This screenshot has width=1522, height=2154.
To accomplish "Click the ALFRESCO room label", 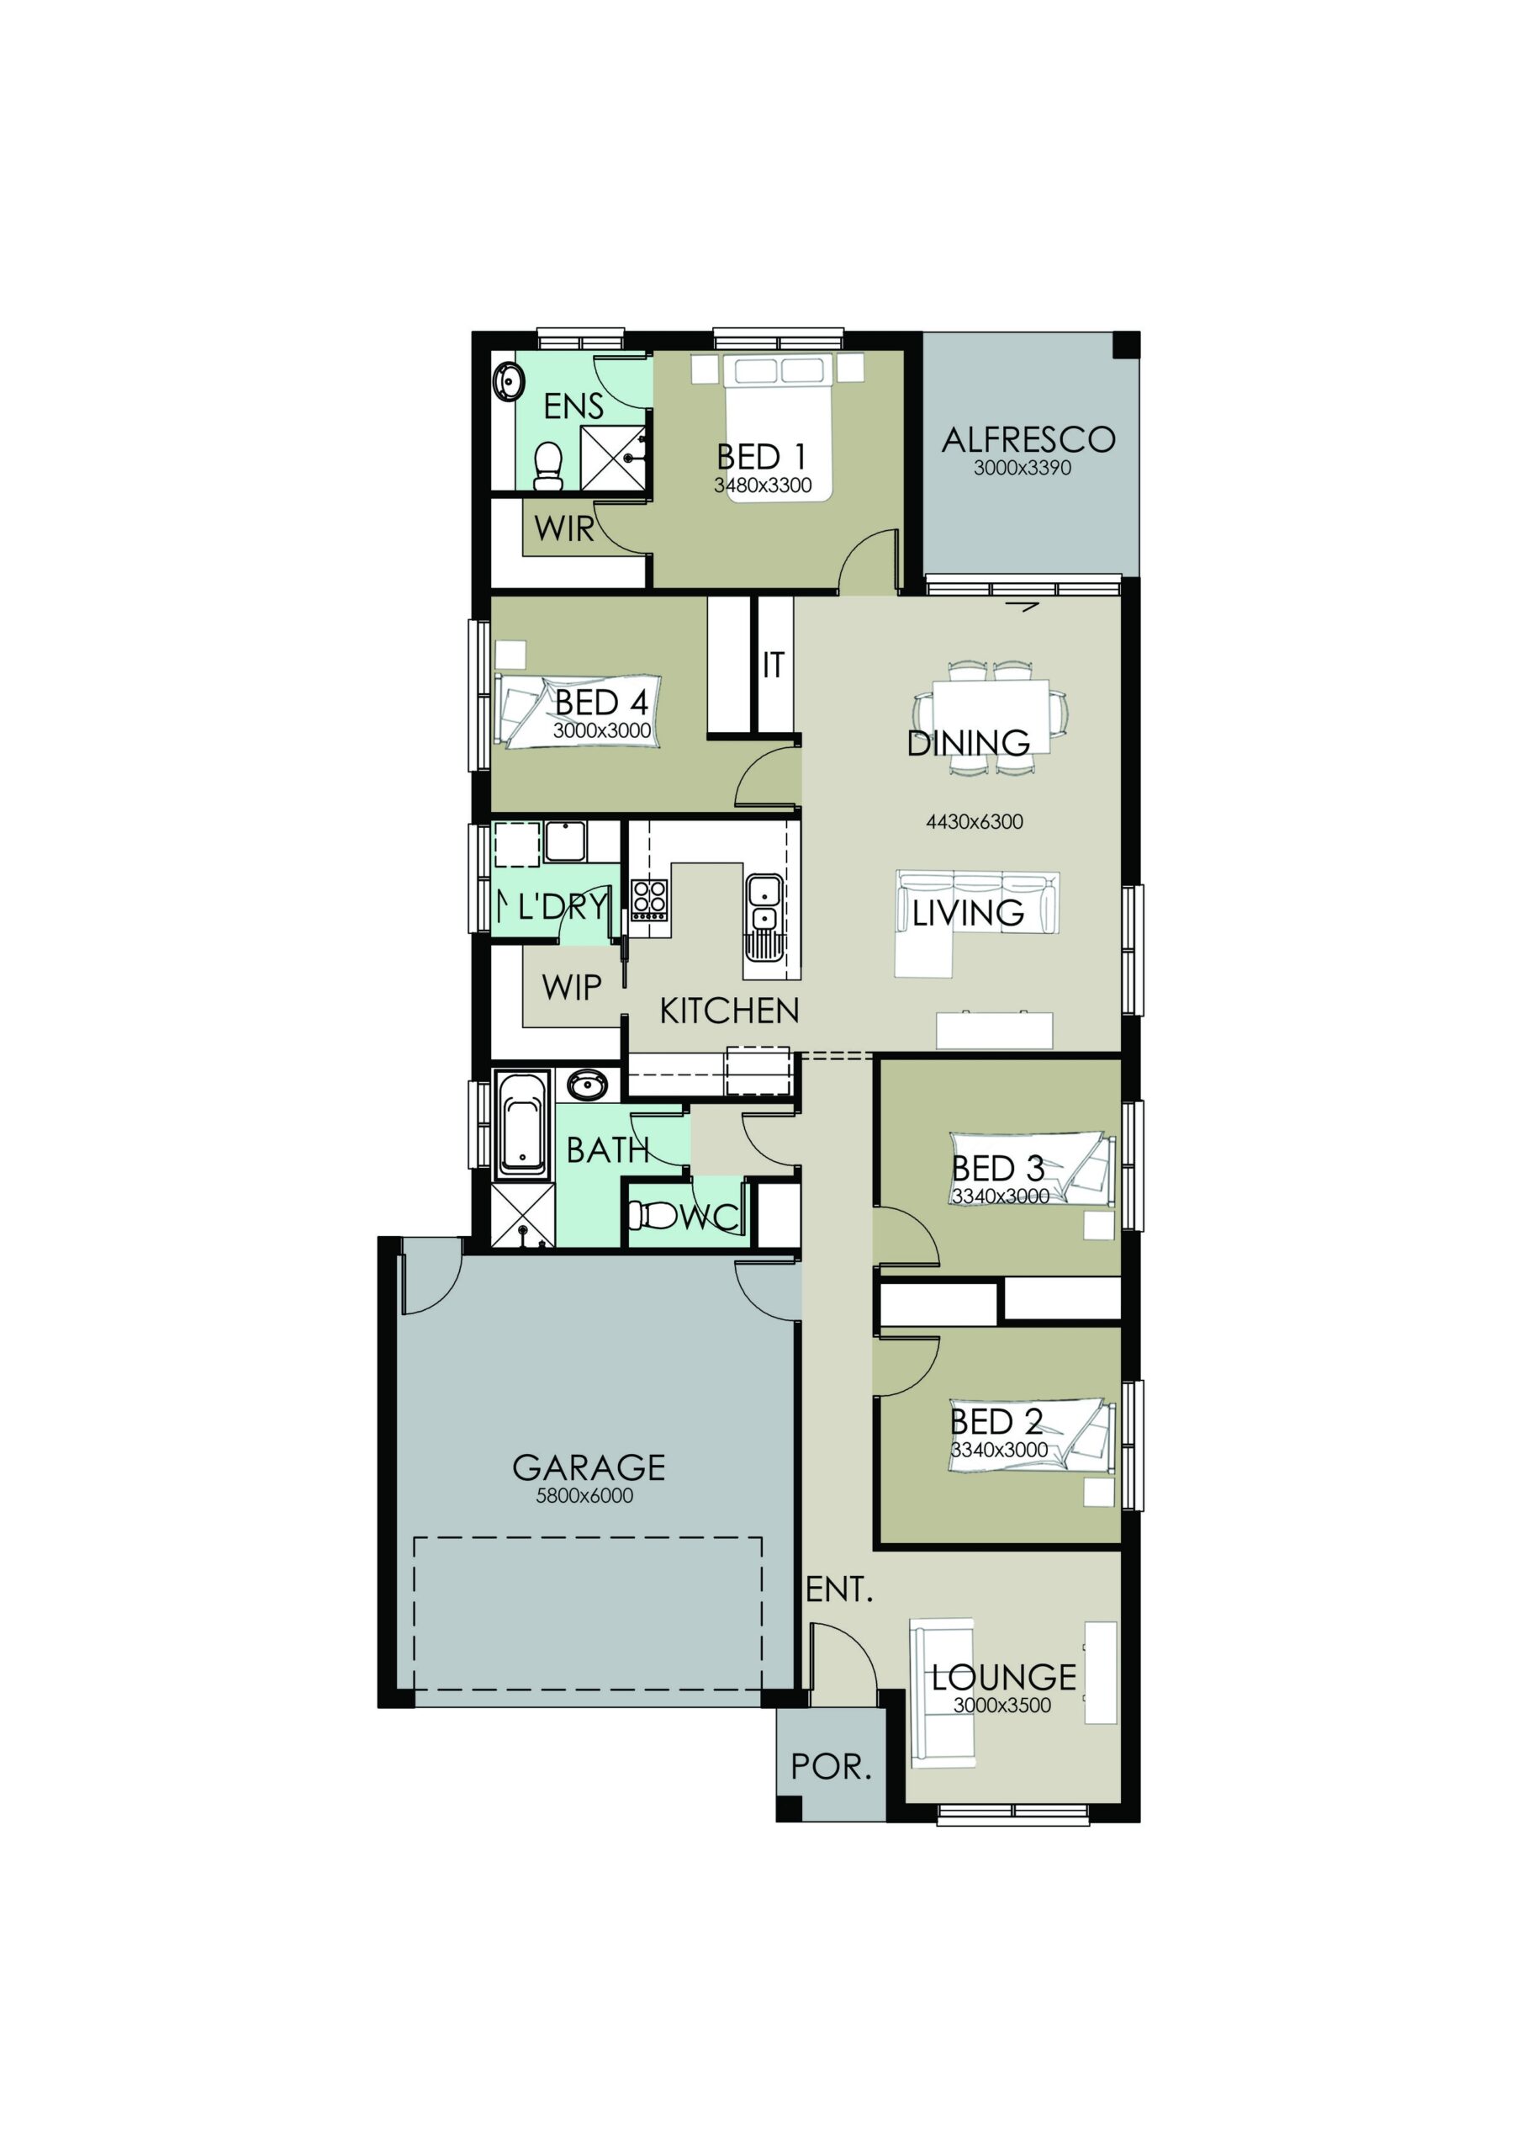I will (1028, 439).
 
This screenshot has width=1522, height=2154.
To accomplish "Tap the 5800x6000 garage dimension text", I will (584, 1495).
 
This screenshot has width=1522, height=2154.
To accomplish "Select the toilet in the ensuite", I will (547, 465).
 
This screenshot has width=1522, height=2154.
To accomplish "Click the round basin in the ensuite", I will (510, 381).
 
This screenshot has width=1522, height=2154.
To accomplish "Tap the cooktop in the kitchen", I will (649, 899).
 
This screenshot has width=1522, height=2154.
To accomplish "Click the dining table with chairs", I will (991, 719).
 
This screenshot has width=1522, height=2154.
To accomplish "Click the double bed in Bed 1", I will (778, 427).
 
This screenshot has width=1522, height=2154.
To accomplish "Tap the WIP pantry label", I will (571, 987).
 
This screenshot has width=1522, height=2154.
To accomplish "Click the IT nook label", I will (773, 666).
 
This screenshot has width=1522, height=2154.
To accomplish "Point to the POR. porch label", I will (831, 1767).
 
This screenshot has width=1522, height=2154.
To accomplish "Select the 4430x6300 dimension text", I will (975, 822).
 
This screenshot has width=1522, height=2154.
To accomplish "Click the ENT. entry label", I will (839, 1589).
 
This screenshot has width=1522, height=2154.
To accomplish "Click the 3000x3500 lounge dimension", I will (1001, 1706).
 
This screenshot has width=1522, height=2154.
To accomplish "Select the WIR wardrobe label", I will (563, 529).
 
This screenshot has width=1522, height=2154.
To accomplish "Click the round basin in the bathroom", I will (587, 1085).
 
